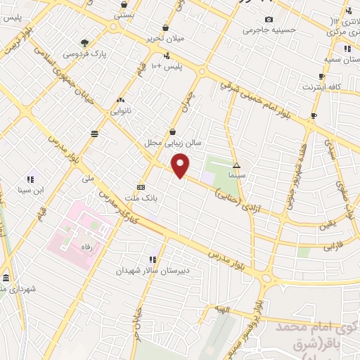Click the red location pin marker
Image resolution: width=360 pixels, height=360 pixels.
point(181,166)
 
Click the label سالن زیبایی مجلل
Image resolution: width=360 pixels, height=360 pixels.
point(173,143)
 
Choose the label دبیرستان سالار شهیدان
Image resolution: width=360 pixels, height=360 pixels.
point(153,270)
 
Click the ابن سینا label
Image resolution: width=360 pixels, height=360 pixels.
point(30,190)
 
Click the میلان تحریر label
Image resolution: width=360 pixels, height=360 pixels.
point(165,38)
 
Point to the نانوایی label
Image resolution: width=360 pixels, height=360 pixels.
point(120,111)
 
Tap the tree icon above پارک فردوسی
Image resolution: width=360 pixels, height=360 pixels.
point(85,43)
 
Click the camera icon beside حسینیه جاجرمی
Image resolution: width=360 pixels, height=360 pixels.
point(268,19)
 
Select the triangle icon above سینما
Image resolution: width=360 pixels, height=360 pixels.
point(236,162)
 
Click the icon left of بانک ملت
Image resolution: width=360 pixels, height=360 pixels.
point(141,188)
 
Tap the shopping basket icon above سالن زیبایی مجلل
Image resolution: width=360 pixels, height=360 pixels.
point(173,131)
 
